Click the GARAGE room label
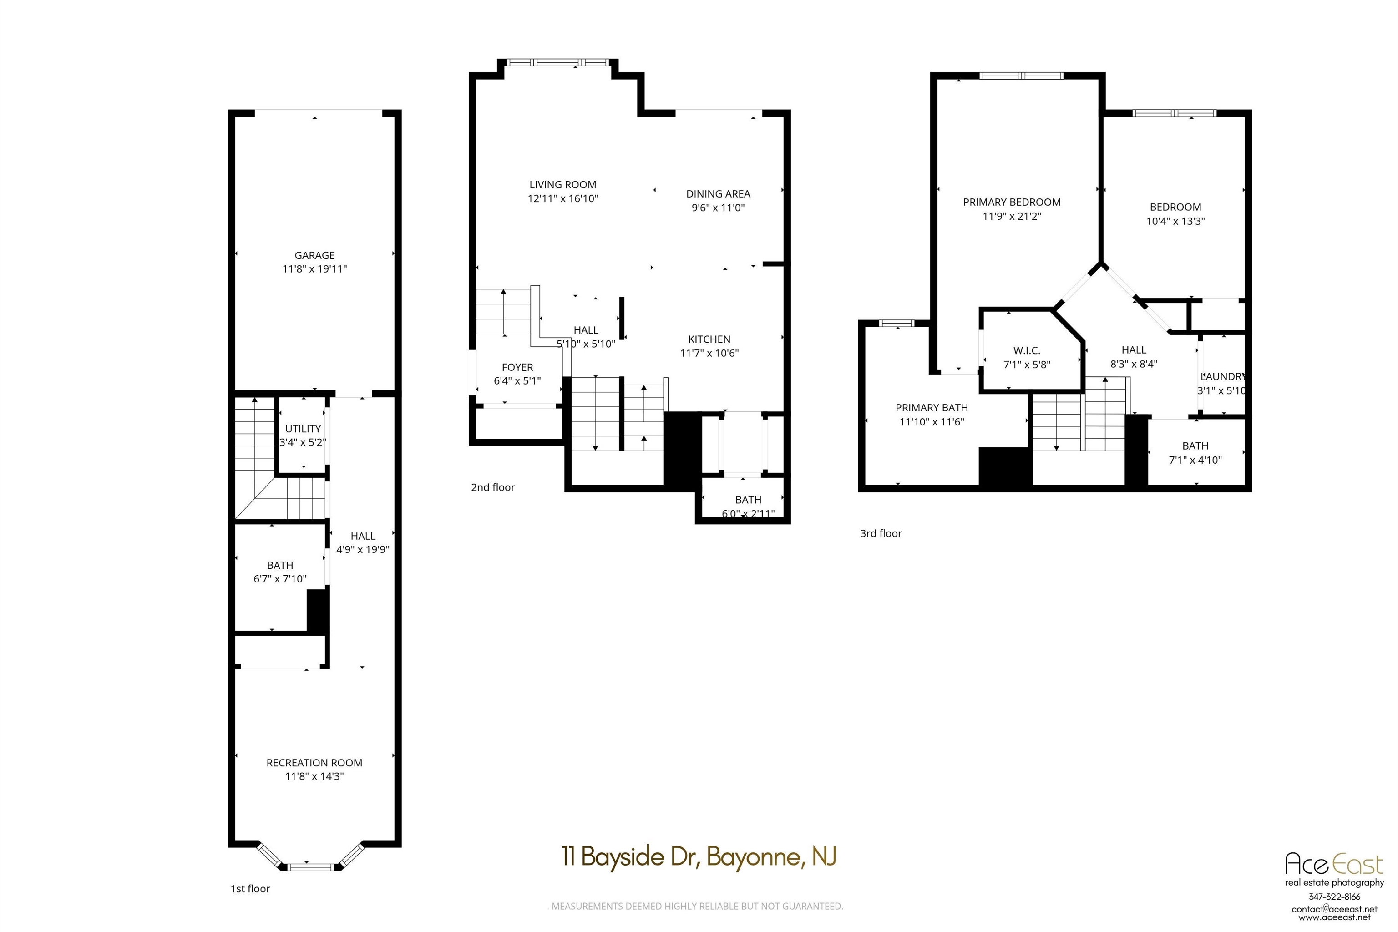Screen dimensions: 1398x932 314,255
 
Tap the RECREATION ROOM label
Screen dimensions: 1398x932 314,763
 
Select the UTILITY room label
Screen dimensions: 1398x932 303,429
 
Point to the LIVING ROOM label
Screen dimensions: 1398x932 563,185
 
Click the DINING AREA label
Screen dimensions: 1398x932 718,194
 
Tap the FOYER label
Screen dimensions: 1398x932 517,367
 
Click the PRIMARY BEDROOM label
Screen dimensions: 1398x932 1012,202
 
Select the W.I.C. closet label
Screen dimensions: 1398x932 1027,351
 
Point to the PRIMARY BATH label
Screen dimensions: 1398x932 932,408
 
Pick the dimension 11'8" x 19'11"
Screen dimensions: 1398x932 314,268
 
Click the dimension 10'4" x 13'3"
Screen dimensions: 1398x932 1175,221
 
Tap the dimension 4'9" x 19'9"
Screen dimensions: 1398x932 363,550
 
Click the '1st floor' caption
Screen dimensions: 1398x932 250,889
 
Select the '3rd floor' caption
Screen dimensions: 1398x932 881,533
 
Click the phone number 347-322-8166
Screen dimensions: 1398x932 1334,897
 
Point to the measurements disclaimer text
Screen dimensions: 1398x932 697,907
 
